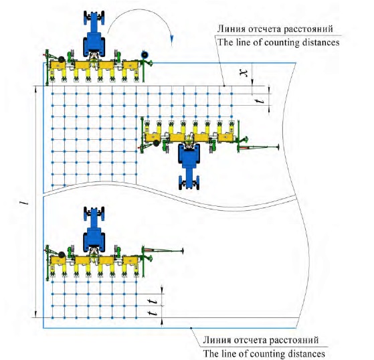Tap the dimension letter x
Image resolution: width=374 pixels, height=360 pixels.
(244, 72)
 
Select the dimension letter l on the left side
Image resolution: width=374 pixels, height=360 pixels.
(25, 202)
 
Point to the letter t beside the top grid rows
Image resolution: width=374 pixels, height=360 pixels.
(260, 101)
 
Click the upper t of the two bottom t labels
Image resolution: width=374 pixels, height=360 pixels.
(153, 302)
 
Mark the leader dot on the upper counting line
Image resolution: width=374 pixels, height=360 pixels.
(224, 86)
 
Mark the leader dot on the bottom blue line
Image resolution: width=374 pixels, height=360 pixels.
(191, 328)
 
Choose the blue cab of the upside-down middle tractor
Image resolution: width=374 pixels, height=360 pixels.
(189, 155)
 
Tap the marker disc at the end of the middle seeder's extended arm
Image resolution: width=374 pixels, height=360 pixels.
(278, 147)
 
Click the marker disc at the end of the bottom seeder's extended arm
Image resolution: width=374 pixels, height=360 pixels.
(183, 251)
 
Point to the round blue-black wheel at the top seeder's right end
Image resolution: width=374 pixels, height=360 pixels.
(145, 55)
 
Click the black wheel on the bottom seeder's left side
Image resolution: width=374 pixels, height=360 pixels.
(62, 254)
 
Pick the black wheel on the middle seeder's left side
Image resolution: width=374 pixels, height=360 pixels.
(157, 143)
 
